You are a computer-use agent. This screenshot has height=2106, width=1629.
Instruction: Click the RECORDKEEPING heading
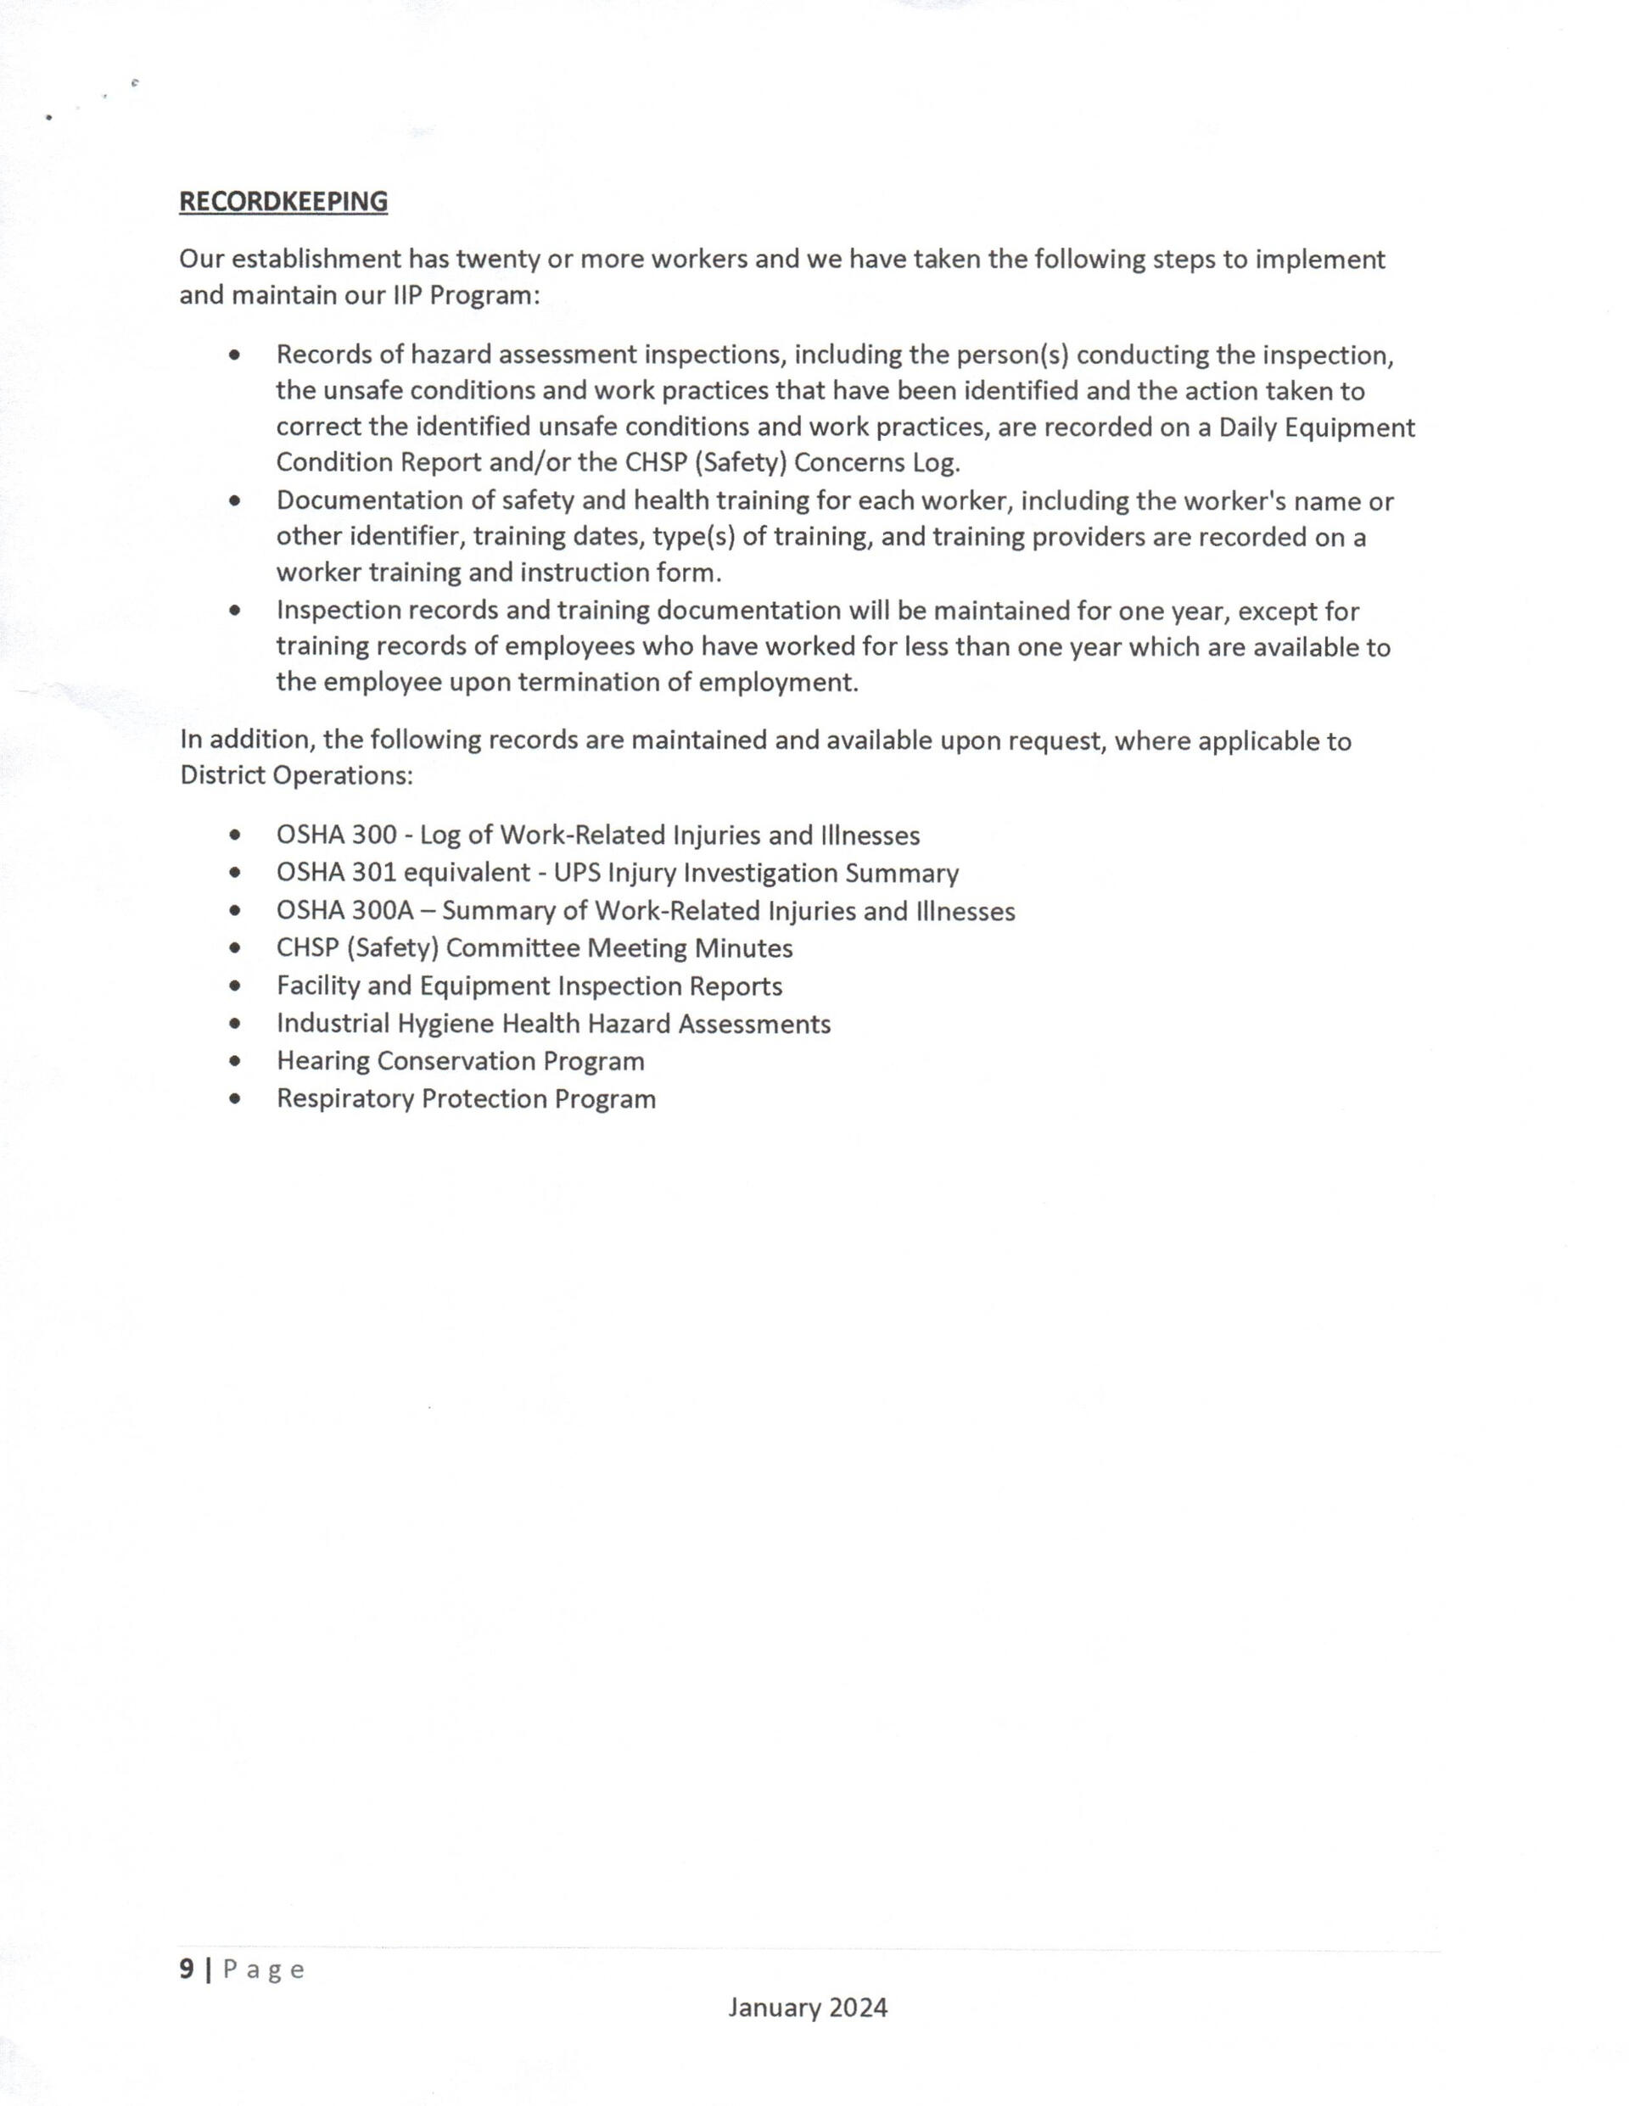[x=283, y=202]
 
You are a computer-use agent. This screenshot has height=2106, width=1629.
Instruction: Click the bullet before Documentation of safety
[x=235, y=501]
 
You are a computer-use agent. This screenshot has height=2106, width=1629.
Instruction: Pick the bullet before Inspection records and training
[x=235, y=612]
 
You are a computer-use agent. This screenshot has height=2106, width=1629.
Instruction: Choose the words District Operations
[x=295, y=775]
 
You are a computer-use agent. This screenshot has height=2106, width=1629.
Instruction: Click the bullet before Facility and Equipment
[x=235, y=986]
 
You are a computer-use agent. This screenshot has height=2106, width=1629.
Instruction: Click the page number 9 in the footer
[x=186, y=1970]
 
